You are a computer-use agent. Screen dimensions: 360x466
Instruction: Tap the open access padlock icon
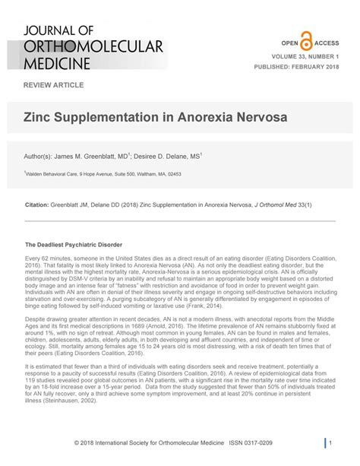306,43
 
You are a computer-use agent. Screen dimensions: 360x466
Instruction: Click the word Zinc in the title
41,120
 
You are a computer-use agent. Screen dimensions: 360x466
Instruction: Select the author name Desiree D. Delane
165,157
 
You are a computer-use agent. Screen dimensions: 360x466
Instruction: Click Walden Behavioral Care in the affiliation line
52,173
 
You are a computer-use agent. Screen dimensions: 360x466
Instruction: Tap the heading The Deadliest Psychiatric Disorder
75,246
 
